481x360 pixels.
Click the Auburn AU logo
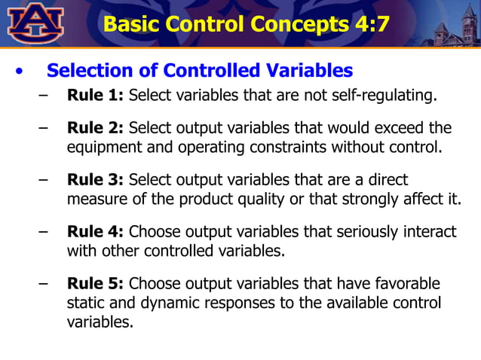pyautogui.click(x=35, y=23)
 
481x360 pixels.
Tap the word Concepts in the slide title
pyautogui.click(x=280, y=23)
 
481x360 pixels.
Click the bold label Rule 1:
pyautogui.click(x=96, y=96)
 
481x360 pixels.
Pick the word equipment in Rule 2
pyautogui.click(x=101, y=146)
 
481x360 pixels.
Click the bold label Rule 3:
pyautogui.click(x=96, y=180)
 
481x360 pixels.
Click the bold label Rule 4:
pyautogui.click(x=96, y=233)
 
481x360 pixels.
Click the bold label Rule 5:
pyautogui.click(x=96, y=284)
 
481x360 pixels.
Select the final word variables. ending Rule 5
pyautogui.click(x=100, y=322)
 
